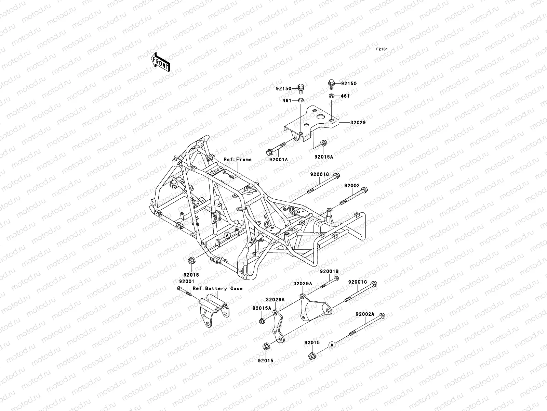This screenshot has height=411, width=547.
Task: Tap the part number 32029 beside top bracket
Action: pyautogui.click(x=358, y=122)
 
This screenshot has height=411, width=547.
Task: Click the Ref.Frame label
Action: pyautogui.click(x=238, y=159)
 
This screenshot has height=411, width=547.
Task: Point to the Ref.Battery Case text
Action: pyautogui.click(x=217, y=288)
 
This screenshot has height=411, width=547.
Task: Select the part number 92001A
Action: pyautogui.click(x=278, y=159)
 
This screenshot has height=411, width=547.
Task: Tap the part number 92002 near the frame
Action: pyautogui.click(x=352, y=186)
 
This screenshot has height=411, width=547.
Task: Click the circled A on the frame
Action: pyautogui.click(x=227, y=236)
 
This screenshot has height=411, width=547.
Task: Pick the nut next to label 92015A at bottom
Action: pyautogui.click(x=261, y=321)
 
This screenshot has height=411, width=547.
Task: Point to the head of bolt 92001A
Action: pyautogui.click(x=269, y=152)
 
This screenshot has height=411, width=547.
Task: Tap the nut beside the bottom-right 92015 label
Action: pyautogui.click(x=311, y=357)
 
